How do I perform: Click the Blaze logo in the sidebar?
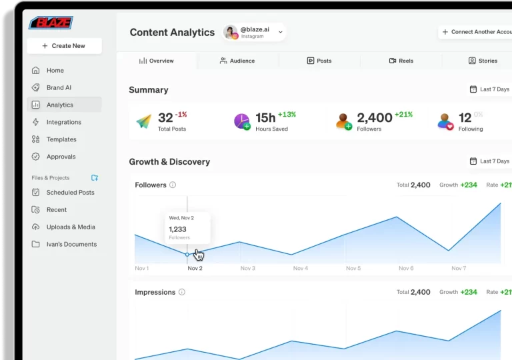[51, 23]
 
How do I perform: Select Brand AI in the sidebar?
[59, 87]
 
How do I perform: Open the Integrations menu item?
[63, 122]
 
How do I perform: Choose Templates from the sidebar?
[61, 139]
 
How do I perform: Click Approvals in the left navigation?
[61, 157]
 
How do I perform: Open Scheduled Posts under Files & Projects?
[70, 192]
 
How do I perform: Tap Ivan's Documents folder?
[71, 244]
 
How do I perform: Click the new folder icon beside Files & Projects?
[95, 178]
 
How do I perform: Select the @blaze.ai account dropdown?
[255, 32]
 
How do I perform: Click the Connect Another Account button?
[476, 32]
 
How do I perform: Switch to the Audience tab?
[237, 61]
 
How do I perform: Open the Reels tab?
[401, 61]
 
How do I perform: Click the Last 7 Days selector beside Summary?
[489, 89]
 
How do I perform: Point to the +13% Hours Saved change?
[287, 114]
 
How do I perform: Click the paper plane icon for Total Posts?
[144, 121]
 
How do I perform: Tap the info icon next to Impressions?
[182, 292]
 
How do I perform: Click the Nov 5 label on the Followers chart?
[353, 268]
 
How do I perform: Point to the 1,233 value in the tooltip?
[177, 229]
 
